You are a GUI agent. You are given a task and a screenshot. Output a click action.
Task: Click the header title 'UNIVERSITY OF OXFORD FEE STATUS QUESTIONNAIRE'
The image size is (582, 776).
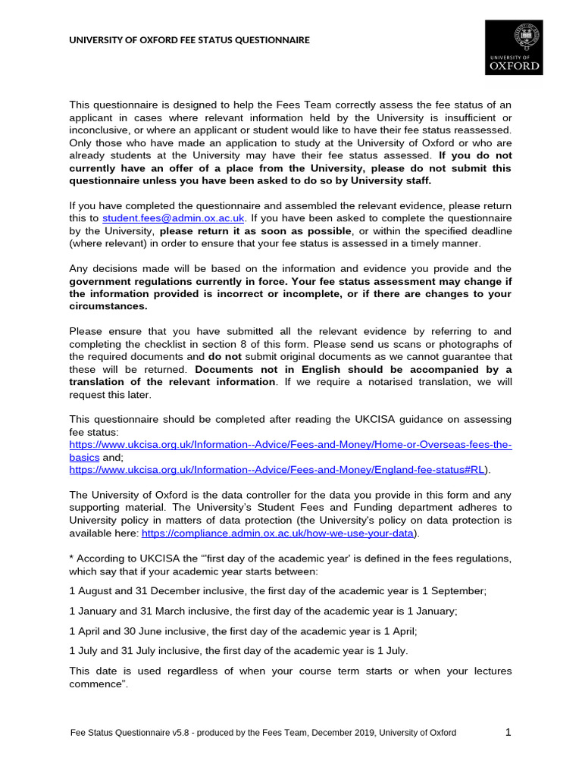pos(189,39)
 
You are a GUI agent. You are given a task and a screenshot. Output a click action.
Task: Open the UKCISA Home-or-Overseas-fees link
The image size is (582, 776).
pos(290,445)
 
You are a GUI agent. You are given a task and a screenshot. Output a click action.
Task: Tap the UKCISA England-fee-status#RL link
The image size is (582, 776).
pos(277,470)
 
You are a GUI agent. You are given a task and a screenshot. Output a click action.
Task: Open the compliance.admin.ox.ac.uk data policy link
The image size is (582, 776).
pos(278,533)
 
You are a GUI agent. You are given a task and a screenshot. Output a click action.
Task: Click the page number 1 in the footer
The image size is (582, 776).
pos(508,732)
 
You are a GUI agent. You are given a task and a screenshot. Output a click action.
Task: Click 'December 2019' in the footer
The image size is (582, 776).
pos(339,733)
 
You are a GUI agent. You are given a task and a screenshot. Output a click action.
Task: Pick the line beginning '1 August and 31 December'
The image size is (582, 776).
pos(277,591)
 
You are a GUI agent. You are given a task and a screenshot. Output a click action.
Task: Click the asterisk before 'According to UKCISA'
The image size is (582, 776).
pos(71,558)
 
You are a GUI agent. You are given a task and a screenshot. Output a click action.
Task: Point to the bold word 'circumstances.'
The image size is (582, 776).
pos(108,306)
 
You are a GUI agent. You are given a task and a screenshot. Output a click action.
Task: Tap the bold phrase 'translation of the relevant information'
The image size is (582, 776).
pos(172,381)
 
